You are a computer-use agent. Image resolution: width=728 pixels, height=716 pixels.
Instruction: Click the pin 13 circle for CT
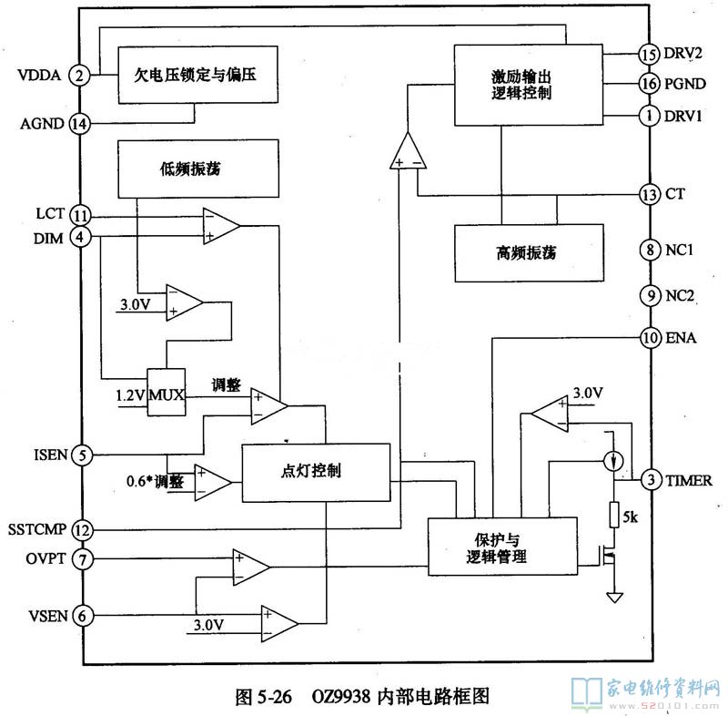pos(648,194)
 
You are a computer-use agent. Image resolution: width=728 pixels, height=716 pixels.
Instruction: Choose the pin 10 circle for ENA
pos(648,338)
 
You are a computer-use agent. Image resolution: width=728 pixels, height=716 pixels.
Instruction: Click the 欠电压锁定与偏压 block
pos(197,76)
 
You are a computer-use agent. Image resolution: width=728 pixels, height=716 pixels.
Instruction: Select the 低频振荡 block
pos(197,169)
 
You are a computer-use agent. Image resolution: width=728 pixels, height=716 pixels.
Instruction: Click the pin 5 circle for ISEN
pos(82,455)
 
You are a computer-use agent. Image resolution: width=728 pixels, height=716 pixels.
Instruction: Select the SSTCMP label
pos(35,529)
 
